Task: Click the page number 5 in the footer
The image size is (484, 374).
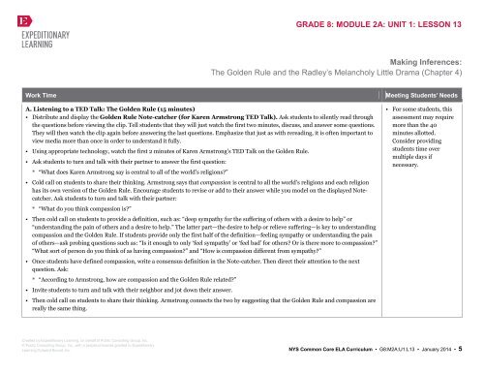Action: coord(470,346)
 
